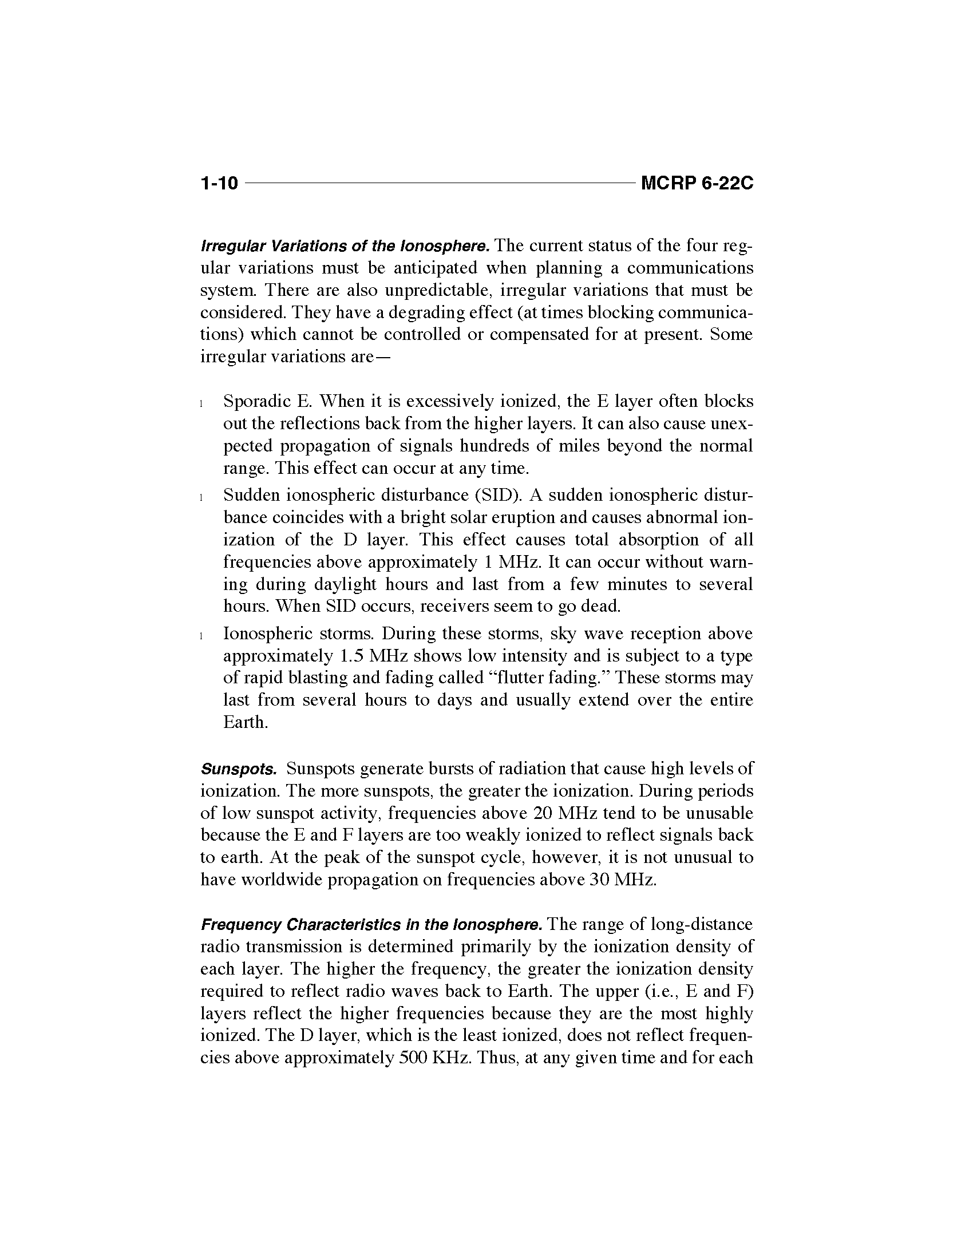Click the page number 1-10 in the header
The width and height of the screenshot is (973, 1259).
[219, 183]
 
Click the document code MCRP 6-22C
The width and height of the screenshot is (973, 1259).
[697, 183]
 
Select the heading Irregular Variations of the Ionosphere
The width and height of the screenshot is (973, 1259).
[345, 247]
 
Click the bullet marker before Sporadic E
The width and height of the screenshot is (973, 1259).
[201, 403]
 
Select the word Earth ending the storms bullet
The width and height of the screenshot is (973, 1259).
[246, 722]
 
